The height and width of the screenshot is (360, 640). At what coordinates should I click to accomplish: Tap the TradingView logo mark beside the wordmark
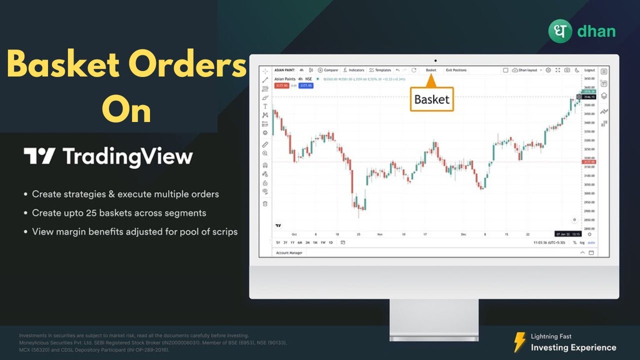(x=39, y=156)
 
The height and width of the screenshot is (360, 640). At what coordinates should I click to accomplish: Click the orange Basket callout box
(x=431, y=99)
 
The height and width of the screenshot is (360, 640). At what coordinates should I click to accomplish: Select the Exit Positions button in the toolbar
(x=456, y=70)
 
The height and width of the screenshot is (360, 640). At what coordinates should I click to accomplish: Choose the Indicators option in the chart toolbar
(x=354, y=70)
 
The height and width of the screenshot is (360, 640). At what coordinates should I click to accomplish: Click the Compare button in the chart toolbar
(x=328, y=70)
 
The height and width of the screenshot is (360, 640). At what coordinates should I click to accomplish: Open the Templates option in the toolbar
(x=380, y=70)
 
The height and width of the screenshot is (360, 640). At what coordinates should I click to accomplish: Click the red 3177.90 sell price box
(x=281, y=85)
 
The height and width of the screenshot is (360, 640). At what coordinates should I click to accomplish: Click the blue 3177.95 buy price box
(x=306, y=85)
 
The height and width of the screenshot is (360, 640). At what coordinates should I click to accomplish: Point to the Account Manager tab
(x=289, y=253)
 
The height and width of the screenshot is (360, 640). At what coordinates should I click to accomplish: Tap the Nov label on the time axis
(x=379, y=234)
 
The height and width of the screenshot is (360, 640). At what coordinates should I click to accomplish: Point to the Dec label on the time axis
(x=463, y=234)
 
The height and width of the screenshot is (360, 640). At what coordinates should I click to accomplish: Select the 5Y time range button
(x=278, y=242)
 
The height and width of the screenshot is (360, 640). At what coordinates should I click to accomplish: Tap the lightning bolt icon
(x=520, y=342)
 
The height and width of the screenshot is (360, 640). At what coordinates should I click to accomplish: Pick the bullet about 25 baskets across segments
(x=119, y=213)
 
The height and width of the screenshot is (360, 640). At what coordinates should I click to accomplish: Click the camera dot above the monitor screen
(x=435, y=60)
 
